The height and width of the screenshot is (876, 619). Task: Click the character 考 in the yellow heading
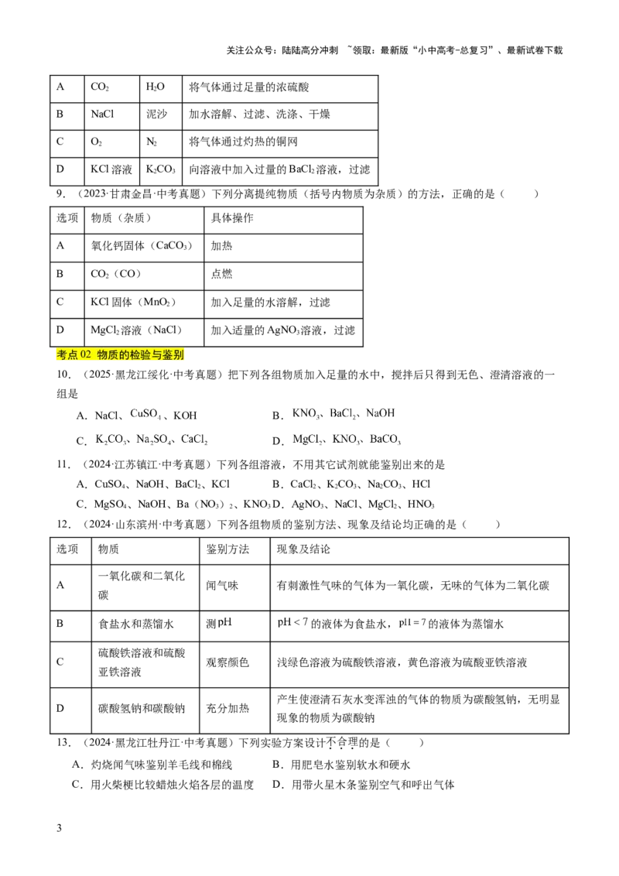(x=62, y=355)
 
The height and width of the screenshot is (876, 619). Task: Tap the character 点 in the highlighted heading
(x=74, y=355)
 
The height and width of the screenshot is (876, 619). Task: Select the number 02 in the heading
(x=86, y=355)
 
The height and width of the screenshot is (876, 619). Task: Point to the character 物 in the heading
(x=102, y=355)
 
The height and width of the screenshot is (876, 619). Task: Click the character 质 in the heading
(x=114, y=355)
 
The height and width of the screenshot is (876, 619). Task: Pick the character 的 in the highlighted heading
(x=125, y=355)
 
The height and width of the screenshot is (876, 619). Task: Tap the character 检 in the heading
(x=136, y=355)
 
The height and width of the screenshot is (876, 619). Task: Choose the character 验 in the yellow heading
(x=147, y=355)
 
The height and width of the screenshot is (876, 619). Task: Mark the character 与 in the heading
(x=158, y=355)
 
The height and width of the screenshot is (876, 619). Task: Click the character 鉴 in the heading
(x=169, y=355)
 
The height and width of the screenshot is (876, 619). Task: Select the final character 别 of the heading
(x=180, y=355)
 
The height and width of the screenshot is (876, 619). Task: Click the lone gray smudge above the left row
(x=145, y=415)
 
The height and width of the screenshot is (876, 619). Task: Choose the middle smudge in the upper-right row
(x=344, y=412)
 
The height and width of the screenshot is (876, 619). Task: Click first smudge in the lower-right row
(x=303, y=440)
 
